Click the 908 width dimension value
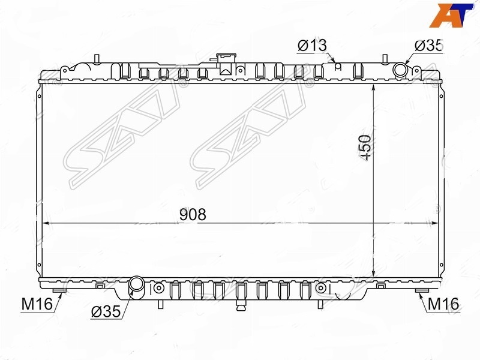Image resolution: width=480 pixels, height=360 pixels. click(193, 215)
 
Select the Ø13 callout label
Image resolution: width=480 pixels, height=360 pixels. click(312, 46)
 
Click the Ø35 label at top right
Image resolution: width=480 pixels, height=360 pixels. click(428, 46)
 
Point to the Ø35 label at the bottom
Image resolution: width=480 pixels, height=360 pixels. click(106, 312)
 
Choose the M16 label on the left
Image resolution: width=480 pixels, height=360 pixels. click(37, 304)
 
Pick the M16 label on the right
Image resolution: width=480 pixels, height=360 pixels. click(443, 304)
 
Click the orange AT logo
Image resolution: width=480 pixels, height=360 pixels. click(451, 16)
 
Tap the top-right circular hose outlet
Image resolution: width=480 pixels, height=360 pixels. click(400, 70)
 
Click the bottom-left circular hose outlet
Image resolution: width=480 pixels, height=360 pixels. click(136, 283)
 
